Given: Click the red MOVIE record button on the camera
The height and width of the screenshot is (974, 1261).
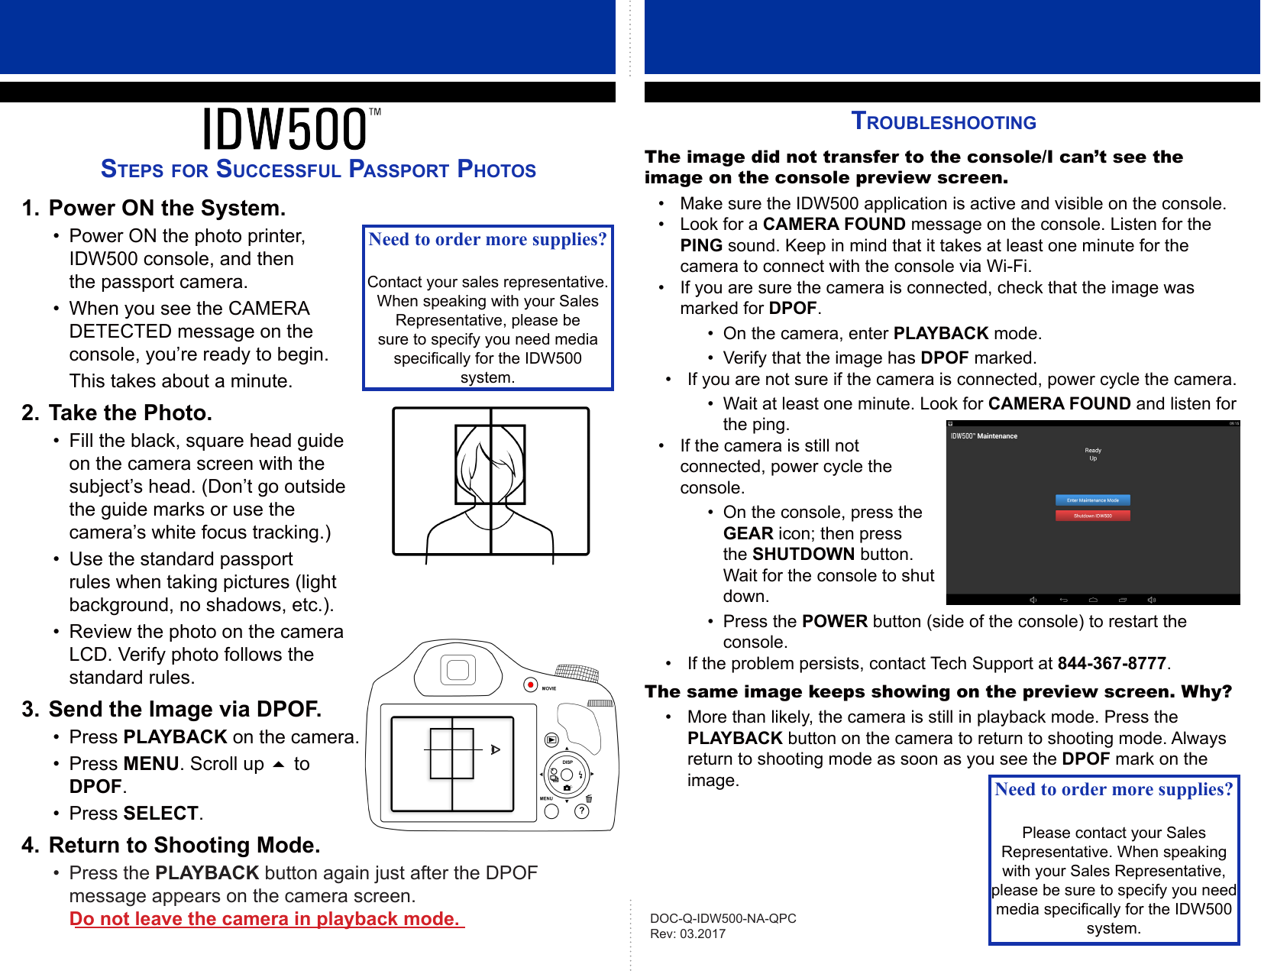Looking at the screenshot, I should pyautogui.click(x=531, y=684).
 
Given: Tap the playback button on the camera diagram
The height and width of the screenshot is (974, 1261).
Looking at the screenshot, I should pyautogui.click(x=551, y=739).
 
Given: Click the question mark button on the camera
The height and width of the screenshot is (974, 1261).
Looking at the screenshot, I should pyautogui.click(x=582, y=811).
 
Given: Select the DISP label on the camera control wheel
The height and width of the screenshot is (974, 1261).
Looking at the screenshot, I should pyautogui.click(x=567, y=762).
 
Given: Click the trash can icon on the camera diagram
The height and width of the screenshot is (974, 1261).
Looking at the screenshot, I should pyautogui.click(x=589, y=798).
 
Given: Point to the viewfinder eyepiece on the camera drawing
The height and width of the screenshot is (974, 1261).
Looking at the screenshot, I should pyautogui.click(x=458, y=671).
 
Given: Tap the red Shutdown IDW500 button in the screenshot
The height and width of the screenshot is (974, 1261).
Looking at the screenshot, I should pyautogui.click(x=1092, y=516).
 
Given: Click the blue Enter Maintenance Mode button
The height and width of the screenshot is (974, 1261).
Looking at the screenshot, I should pyautogui.click(x=1092, y=500).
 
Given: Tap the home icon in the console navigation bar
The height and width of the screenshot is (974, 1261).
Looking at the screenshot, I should pyautogui.click(x=1093, y=600).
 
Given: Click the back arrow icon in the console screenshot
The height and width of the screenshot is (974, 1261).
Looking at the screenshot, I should pyautogui.click(x=1063, y=600).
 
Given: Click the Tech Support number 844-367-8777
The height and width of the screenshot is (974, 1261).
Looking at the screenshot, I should pyautogui.click(x=1111, y=663).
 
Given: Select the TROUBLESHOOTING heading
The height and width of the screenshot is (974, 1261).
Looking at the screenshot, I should pyautogui.click(x=943, y=121).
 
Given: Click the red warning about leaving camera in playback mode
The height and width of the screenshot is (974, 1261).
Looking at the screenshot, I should pyautogui.click(x=266, y=919).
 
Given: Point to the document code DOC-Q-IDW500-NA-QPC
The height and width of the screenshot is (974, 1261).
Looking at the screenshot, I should pyautogui.click(x=723, y=918).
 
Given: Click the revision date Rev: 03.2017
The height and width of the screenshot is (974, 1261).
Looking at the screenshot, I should pyautogui.click(x=687, y=934).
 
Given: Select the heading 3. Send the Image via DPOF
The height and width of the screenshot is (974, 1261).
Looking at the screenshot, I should pyautogui.click(x=172, y=709).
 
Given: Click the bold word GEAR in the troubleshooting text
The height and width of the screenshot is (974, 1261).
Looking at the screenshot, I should pyautogui.click(x=749, y=533).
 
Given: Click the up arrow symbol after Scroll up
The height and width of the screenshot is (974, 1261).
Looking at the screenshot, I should pyautogui.click(x=279, y=764).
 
